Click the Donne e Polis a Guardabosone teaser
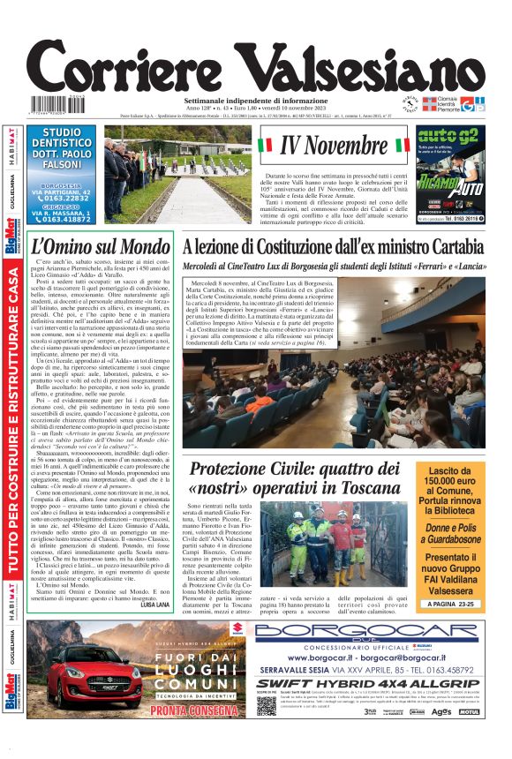(x=450, y=534)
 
